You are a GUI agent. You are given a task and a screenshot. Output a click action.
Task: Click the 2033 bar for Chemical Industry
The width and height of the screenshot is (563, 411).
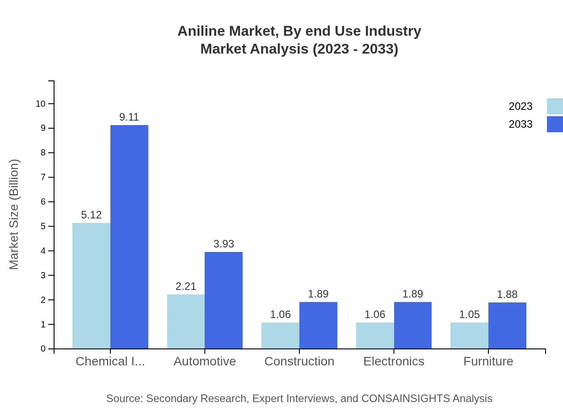point(129,237)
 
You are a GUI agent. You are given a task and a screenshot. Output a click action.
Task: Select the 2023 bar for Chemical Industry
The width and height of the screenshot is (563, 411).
point(91,286)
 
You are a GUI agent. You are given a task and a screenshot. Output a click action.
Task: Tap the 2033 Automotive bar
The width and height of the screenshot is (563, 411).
point(223,300)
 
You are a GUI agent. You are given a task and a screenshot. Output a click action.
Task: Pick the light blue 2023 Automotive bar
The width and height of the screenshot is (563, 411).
point(186,322)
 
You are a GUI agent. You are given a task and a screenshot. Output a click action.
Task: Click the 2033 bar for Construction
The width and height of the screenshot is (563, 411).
point(318,325)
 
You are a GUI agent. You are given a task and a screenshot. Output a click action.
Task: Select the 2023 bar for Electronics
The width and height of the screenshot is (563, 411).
point(375,336)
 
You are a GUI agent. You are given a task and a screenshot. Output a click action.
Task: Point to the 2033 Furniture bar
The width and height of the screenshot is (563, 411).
point(507,326)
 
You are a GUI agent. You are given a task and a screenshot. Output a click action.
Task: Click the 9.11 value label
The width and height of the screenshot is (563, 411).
point(129,117)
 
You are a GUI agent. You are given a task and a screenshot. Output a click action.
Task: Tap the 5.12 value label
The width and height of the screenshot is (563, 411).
point(91,215)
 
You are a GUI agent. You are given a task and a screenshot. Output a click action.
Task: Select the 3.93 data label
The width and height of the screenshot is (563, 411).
point(223,244)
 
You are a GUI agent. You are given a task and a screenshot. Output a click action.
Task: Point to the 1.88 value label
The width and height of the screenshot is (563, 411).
point(507,294)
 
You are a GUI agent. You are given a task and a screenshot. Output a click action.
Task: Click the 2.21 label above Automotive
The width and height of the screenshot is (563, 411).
point(186,286)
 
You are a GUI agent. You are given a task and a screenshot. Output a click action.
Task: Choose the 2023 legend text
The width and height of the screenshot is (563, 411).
point(521,106)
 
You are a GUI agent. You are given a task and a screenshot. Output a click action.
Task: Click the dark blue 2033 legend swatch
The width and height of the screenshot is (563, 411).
point(555,124)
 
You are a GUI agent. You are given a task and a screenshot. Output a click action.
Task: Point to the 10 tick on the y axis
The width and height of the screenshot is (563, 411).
point(41,104)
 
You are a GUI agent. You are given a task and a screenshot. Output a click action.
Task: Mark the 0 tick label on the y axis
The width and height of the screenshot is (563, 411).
point(43,349)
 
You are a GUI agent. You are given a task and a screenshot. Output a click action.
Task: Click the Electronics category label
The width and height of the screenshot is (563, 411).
point(394,361)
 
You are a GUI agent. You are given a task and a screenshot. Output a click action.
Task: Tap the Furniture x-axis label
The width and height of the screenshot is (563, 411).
point(488,361)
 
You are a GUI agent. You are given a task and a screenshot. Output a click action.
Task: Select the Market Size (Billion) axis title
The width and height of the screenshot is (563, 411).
point(14,214)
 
